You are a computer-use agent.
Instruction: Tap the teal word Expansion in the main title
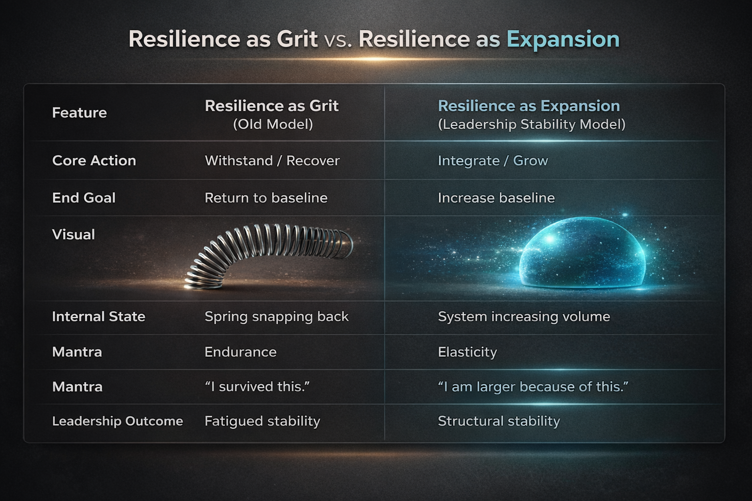(x=563, y=39)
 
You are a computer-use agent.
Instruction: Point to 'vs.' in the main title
(x=338, y=40)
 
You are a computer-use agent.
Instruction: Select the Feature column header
(x=79, y=113)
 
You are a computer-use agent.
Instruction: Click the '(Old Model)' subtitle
(x=273, y=124)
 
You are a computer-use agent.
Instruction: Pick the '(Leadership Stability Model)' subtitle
(x=532, y=124)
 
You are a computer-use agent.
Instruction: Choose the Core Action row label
(x=94, y=160)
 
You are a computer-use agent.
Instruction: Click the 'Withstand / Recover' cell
(x=272, y=160)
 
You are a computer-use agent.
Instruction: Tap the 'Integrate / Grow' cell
(x=493, y=160)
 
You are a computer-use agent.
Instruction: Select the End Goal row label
(x=84, y=198)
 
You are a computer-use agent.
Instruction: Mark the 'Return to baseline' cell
(x=266, y=198)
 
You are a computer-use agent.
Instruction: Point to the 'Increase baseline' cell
(x=496, y=198)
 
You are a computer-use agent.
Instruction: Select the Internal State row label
(x=98, y=317)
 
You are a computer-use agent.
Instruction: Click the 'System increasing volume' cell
(x=524, y=317)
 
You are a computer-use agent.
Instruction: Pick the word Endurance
(x=240, y=352)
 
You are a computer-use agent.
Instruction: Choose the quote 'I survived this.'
(x=258, y=387)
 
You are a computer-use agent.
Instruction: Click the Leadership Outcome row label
(x=117, y=421)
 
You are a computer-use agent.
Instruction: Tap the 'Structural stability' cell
(x=498, y=421)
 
